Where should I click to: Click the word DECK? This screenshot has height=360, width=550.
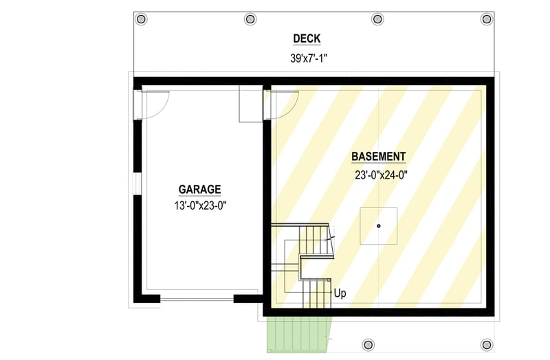point(307,39)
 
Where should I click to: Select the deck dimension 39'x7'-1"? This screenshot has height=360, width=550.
point(308,58)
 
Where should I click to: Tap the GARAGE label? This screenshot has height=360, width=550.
point(199,189)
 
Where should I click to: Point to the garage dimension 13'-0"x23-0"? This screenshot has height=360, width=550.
point(200,205)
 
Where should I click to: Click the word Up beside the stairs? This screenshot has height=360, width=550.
point(340,294)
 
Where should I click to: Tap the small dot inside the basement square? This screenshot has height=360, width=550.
point(378,225)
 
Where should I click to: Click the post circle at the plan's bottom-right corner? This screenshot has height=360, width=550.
point(487,344)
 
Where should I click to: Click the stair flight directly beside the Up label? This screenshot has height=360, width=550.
point(316,294)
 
